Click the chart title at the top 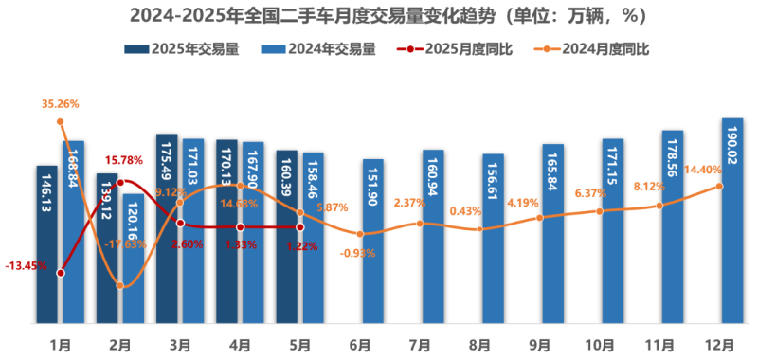(379, 15)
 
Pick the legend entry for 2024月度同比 (601, 49)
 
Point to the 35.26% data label (61, 104)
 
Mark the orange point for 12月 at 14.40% (719, 186)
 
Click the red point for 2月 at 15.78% (120, 183)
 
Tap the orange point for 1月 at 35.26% (61, 121)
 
